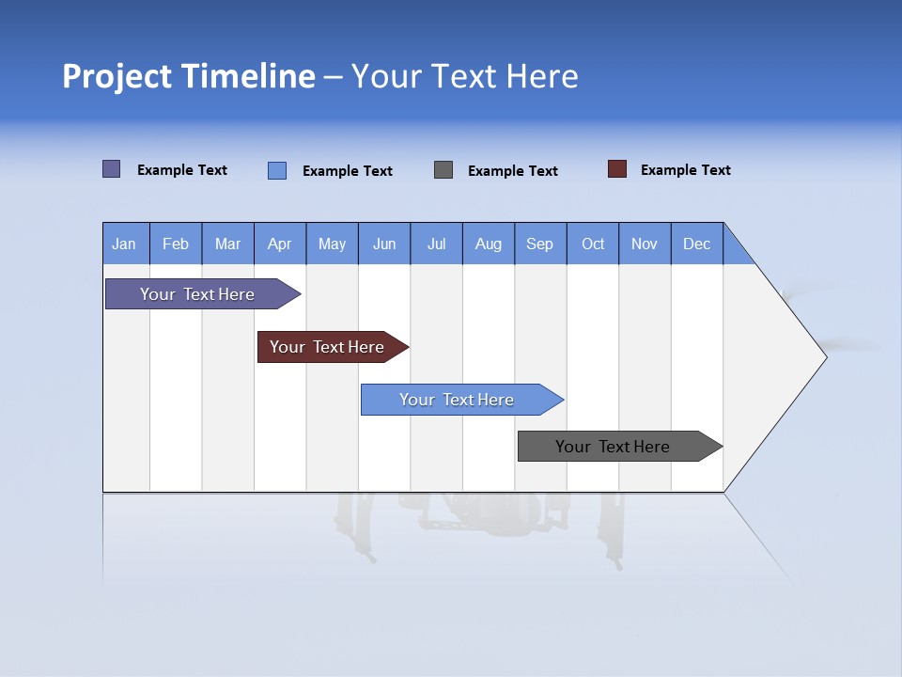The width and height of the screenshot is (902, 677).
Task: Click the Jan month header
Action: [x=125, y=244]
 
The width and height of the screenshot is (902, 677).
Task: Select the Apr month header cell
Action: [x=280, y=244]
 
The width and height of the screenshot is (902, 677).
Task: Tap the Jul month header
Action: [x=436, y=244]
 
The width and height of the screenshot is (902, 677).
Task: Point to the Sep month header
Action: [x=540, y=244]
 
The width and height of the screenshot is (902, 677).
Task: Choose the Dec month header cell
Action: [x=696, y=244]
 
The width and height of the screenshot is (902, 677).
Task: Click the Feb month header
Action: [x=176, y=244]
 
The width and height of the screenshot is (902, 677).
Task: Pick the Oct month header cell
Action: [x=593, y=244]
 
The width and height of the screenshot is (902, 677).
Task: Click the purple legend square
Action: [x=111, y=169]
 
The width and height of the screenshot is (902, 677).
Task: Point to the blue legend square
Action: [x=276, y=170]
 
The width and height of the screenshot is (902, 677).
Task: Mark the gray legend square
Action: [x=443, y=170]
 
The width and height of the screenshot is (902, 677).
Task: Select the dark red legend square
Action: [x=617, y=169]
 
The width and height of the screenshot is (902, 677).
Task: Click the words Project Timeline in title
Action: [x=189, y=76]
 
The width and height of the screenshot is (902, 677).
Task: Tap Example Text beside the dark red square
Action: [x=685, y=170]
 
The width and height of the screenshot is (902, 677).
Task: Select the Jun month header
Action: [x=384, y=244]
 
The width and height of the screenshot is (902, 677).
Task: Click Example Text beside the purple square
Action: [x=182, y=170]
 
